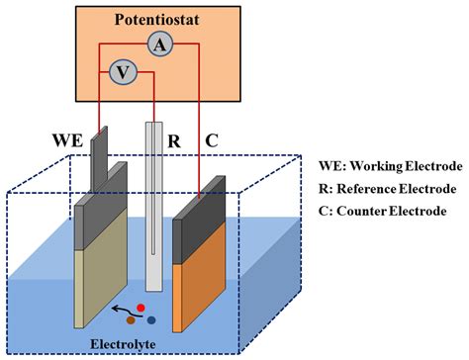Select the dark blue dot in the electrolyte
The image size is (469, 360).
click(150, 319)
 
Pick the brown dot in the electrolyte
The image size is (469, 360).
click(130, 320)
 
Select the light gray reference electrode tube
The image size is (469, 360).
click(152, 198)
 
